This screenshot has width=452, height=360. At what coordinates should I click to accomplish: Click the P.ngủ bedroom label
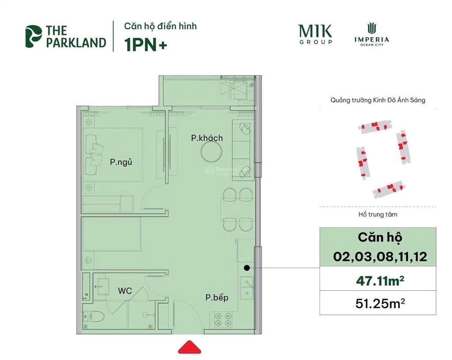point(121,162)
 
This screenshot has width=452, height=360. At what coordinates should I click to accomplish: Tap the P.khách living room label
point(207,138)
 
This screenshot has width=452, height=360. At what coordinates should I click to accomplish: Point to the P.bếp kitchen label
point(217,298)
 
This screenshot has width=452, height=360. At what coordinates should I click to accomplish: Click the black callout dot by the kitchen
point(247,268)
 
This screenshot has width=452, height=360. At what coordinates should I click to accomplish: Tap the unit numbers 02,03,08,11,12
point(380,256)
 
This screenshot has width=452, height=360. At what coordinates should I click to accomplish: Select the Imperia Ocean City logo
point(371,34)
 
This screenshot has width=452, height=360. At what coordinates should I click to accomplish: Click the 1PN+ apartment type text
point(146,45)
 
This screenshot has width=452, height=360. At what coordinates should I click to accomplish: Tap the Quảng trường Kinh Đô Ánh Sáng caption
point(378,100)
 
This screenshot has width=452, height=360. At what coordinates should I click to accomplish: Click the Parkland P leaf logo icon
point(33,36)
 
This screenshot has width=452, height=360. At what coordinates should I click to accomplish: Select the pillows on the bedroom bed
point(94,152)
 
